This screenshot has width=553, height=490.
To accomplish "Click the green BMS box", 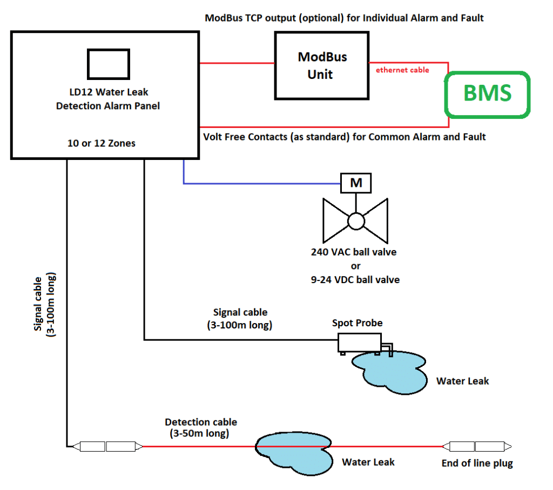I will click(x=487, y=94).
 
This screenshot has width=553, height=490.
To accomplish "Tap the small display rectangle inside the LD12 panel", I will click(x=108, y=64).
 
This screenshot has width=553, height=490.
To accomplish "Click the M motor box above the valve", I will click(x=355, y=183).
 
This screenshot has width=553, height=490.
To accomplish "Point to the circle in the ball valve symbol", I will click(x=356, y=221).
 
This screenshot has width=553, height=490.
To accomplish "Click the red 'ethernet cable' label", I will click(x=402, y=70).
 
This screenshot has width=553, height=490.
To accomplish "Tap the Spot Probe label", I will click(x=357, y=323).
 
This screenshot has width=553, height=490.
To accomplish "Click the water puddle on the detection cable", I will click(x=294, y=453).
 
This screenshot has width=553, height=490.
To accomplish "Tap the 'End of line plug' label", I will click(x=477, y=463).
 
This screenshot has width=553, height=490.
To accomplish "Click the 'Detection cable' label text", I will click(x=201, y=422).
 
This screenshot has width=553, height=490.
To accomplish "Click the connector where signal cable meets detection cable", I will click(x=106, y=447).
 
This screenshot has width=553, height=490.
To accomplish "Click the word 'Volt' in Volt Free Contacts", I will click(x=214, y=137).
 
